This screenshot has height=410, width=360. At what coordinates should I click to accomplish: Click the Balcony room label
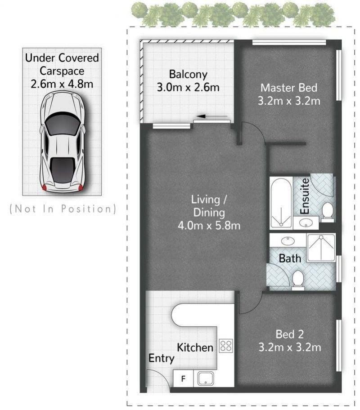188,75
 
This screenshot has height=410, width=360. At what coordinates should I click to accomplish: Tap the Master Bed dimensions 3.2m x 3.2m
289,101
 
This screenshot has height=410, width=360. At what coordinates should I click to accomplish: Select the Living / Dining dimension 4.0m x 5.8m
209,225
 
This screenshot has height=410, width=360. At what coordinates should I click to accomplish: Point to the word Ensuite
305,196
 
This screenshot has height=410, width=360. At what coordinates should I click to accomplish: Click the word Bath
290,258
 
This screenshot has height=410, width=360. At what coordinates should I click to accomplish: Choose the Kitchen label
195,348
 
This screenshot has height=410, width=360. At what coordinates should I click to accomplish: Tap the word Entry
161,358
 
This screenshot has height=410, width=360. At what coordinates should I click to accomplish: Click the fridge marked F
183,378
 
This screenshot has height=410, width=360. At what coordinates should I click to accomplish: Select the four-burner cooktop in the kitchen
226,346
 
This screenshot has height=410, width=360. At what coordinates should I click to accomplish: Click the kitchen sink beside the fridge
206,379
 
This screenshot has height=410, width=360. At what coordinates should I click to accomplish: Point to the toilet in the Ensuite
327,211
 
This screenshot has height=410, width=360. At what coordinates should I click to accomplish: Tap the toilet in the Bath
298,280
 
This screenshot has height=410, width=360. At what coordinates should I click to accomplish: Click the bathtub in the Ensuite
281,202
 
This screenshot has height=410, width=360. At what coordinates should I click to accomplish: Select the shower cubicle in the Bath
321,248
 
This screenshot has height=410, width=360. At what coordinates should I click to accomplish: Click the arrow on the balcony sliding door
212,116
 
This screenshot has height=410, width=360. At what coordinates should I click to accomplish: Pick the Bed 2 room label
290,334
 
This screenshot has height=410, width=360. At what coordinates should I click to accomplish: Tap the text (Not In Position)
63,209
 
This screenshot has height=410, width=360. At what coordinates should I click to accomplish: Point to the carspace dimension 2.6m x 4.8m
62,84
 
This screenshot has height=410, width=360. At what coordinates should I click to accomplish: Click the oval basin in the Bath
287,241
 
